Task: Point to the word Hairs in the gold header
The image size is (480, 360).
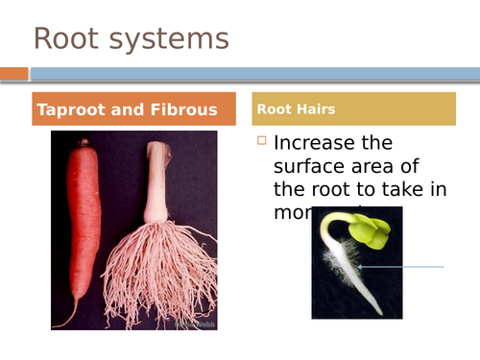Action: click(x=316, y=109)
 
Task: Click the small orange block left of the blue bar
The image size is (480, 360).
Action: click(x=14, y=73)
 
